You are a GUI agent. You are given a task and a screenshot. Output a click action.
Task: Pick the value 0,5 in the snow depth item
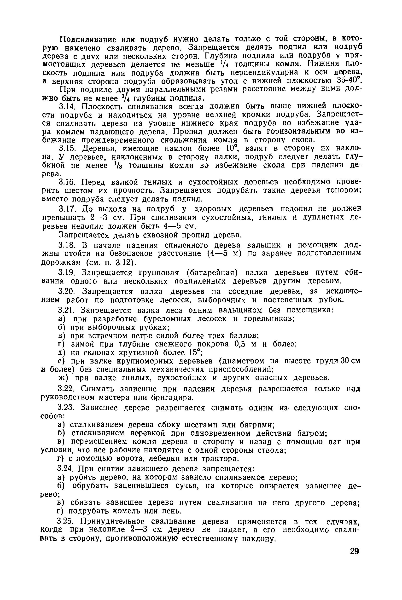pyautogui.click(x=240, y=344)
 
